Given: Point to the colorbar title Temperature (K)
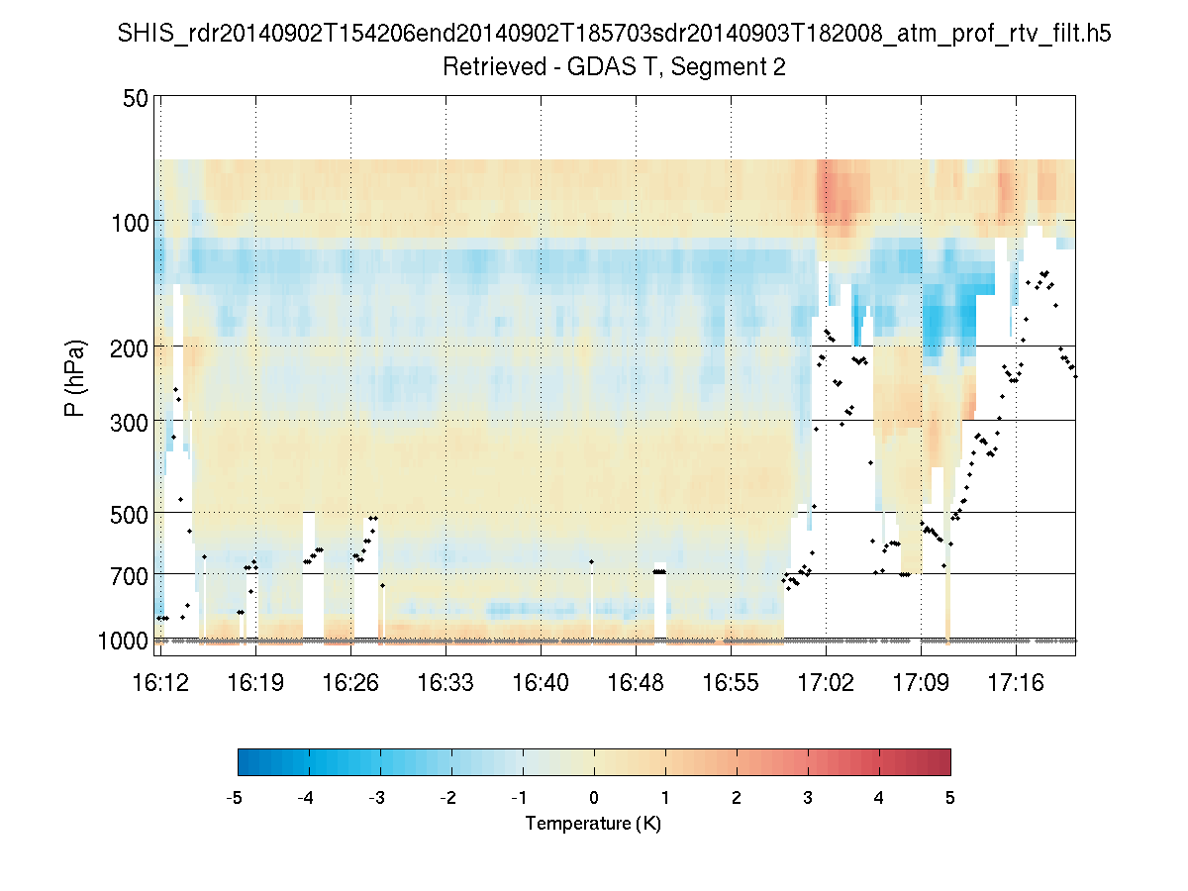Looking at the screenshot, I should point(593,823).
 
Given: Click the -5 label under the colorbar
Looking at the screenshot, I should point(235,798).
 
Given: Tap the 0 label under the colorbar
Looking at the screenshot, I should point(594,798).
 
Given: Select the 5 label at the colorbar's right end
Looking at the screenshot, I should point(950,798).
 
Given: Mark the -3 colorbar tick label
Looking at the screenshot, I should point(377,798).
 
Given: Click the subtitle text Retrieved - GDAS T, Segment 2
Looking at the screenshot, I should point(614,67).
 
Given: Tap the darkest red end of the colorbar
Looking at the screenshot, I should point(944,761).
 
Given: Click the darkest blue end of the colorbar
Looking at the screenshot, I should point(244,761).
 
